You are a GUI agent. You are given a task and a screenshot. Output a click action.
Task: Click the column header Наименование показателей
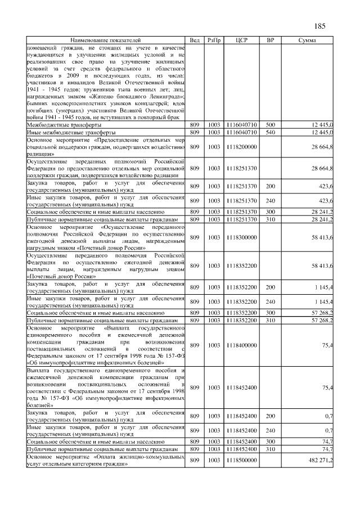pyautogui.click(x=105, y=41)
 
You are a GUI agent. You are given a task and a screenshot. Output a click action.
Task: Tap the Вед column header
pyautogui.click(x=195, y=41)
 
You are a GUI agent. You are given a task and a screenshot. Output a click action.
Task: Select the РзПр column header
pyautogui.click(x=214, y=41)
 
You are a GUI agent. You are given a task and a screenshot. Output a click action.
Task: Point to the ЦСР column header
pyautogui.click(x=242, y=41)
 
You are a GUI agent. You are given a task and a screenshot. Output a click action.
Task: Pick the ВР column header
pyautogui.click(x=270, y=41)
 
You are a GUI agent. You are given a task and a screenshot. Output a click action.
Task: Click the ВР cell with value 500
pyautogui.click(x=270, y=124)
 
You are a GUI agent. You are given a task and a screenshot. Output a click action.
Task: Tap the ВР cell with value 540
pyautogui.click(x=270, y=132)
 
